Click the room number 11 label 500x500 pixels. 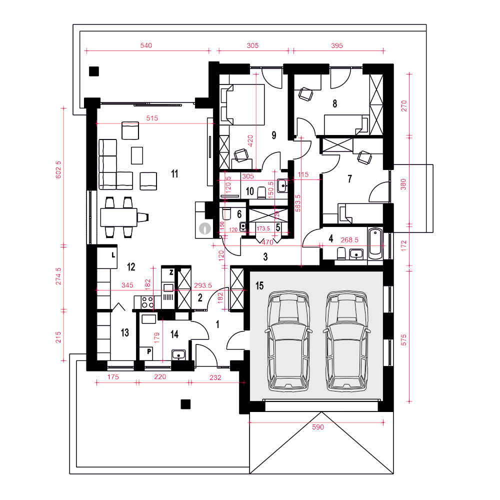[x=174, y=174]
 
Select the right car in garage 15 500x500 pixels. [x=346, y=341]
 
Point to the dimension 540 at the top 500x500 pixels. [x=145, y=45]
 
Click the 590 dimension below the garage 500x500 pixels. [x=318, y=427]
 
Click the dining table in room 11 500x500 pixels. [x=118, y=217]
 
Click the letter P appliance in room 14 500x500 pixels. [x=149, y=352]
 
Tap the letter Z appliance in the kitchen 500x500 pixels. [x=171, y=272]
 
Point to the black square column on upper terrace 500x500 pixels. [x=93, y=71]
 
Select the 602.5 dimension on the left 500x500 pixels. [x=58, y=170]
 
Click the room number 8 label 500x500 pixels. [x=334, y=103]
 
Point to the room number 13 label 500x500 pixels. [x=124, y=333]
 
